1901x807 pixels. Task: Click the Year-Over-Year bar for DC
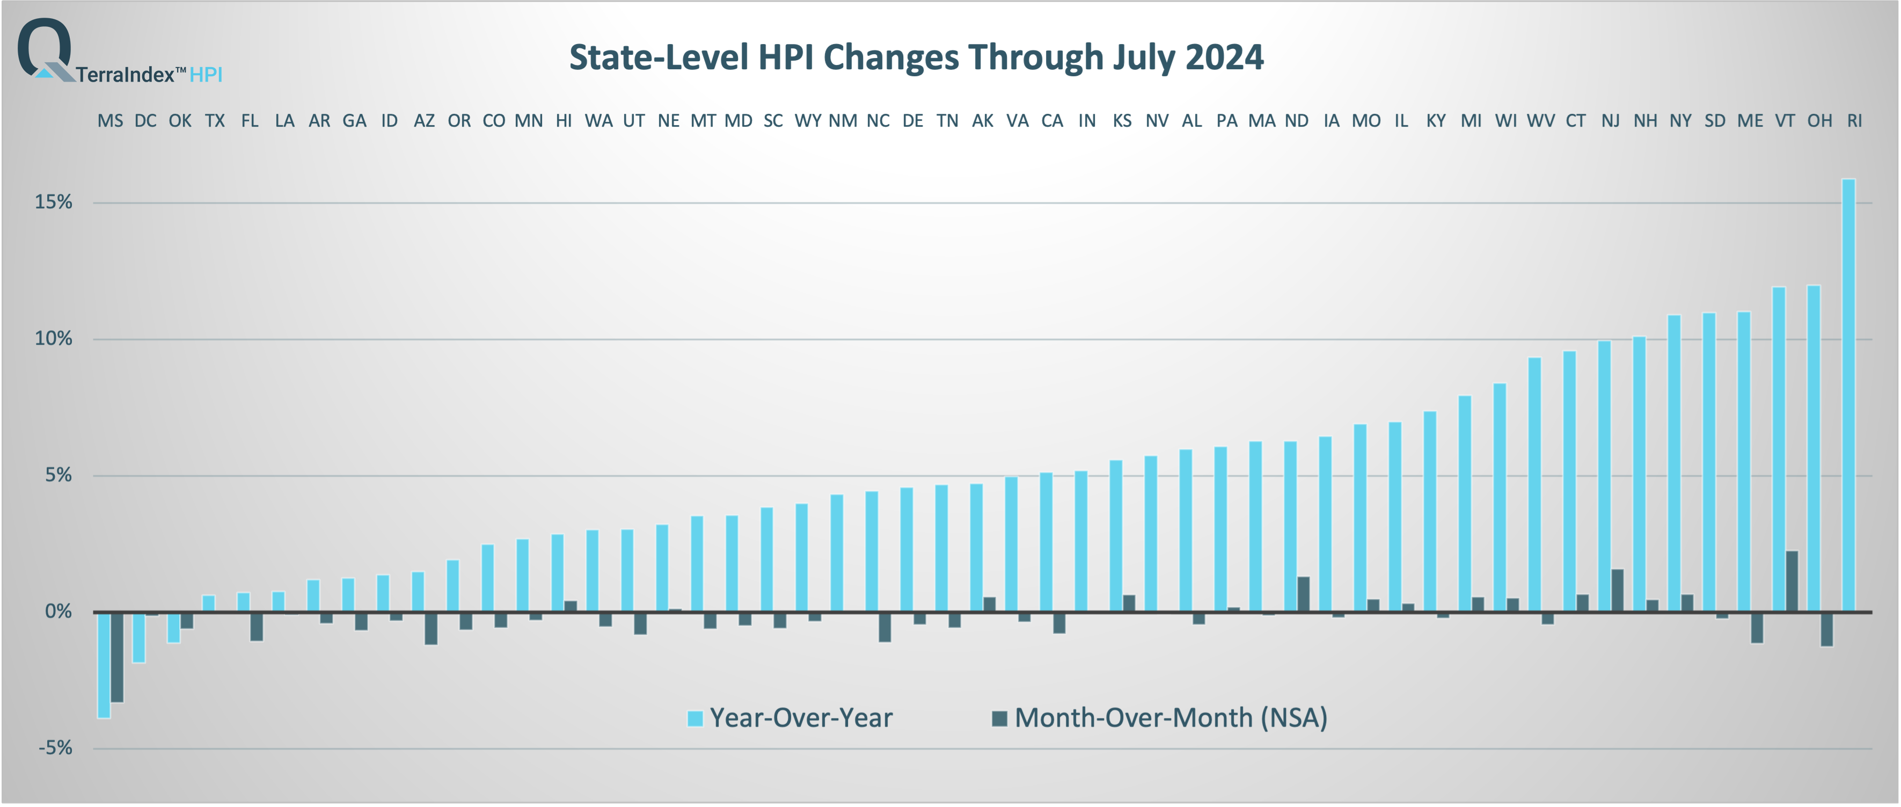pos(138,636)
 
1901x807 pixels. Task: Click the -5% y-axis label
pos(55,748)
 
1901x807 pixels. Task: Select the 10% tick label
pos(53,338)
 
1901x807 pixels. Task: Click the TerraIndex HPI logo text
pos(148,74)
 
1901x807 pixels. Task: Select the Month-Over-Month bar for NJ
pos(1617,590)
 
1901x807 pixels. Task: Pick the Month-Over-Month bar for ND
pos(1303,594)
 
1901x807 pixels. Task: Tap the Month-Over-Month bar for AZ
pos(431,628)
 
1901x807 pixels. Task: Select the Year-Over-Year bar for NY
pos(1673,463)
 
